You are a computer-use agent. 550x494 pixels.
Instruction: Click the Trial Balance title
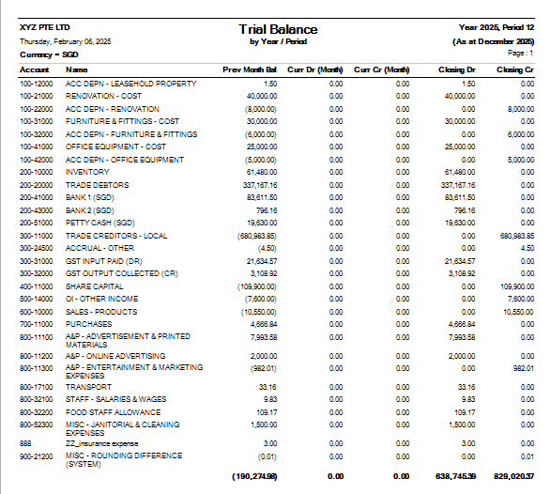click(278, 29)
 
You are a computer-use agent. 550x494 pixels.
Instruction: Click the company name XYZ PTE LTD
click(45, 27)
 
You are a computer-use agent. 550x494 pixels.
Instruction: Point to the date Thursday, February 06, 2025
click(66, 41)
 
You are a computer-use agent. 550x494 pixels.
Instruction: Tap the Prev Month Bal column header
click(250, 69)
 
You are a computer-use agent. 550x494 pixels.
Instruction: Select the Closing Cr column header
click(515, 69)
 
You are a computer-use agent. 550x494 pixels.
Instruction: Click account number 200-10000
click(36, 172)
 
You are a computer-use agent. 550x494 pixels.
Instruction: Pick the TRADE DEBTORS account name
click(98, 185)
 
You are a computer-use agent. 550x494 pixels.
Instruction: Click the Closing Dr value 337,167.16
click(458, 185)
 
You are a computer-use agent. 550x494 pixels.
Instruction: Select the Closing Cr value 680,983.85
click(517, 236)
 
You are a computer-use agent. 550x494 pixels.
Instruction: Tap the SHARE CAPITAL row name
click(95, 286)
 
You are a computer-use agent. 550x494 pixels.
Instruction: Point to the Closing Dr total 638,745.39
click(455, 476)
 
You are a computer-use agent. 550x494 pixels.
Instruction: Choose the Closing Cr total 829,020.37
click(514, 476)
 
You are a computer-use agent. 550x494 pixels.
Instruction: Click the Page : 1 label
click(521, 53)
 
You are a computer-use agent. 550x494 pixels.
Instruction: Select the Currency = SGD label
click(49, 54)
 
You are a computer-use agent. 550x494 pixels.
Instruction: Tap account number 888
click(25, 443)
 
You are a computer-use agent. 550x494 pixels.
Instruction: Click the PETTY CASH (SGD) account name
click(100, 223)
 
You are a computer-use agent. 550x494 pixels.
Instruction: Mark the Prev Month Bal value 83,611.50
click(262, 197)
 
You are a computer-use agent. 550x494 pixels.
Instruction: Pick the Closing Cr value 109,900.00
click(517, 286)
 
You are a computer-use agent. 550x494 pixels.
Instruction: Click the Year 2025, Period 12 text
click(497, 27)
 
